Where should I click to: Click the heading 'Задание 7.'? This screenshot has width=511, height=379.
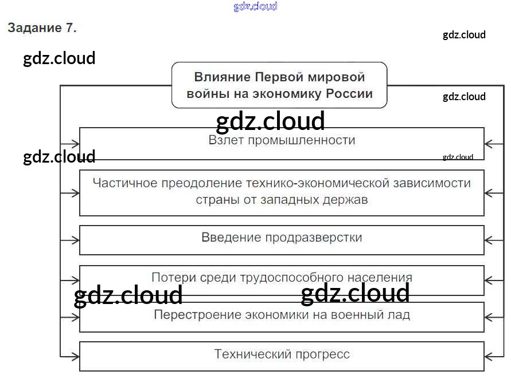(x=42, y=27)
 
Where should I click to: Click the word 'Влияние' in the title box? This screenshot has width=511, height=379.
(x=221, y=77)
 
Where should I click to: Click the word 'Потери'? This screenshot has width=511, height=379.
(x=171, y=278)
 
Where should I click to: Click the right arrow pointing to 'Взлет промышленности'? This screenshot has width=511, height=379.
(x=490, y=144)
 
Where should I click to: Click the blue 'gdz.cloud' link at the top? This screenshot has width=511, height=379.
(x=255, y=6)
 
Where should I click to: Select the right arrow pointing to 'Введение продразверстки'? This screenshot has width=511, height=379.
(x=490, y=240)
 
